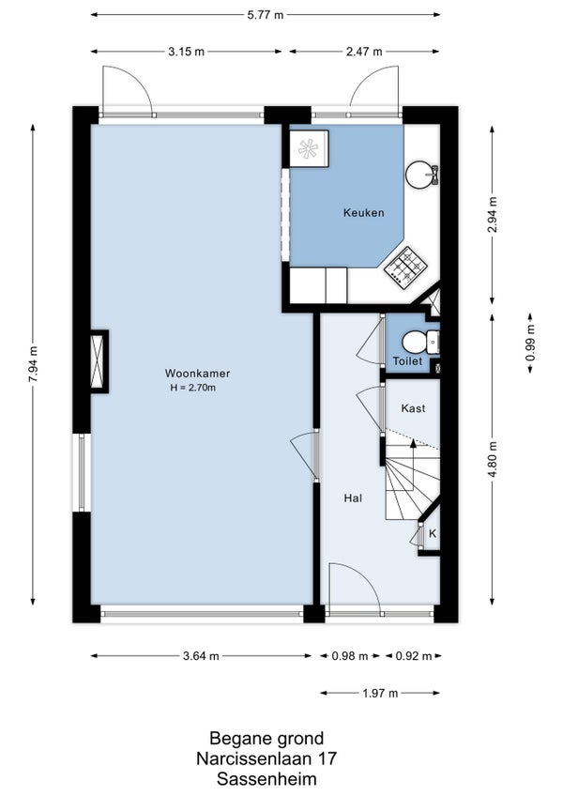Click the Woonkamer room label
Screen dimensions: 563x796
click(x=197, y=374)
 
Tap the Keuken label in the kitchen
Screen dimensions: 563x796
click(x=363, y=213)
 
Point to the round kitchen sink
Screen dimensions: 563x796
click(x=419, y=174)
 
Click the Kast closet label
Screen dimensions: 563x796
click(x=413, y=408)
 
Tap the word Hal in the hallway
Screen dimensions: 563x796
click(x=353, y=498)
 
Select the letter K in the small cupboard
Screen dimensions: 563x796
click(x=433, y=533)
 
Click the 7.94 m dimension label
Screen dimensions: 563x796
click(x=33, y=363)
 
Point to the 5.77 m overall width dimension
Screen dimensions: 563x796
click(x=265, y=15)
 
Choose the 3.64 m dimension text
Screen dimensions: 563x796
click(x=201, y=656)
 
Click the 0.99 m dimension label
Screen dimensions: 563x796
click(x=530, y=344)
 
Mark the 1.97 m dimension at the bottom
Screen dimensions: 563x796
click(x=380, y=693)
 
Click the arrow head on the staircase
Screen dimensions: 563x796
click(x=413, y=443)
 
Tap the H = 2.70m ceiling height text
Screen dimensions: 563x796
click(x=193, y=388)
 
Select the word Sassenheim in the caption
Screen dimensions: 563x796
click(x=266, y=779)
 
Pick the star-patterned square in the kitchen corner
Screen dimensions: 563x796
click(x=309, y=148)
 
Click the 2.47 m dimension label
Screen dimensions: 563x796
click(x=364, y=52)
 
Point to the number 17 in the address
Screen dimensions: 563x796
click(x=327, y=758)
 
